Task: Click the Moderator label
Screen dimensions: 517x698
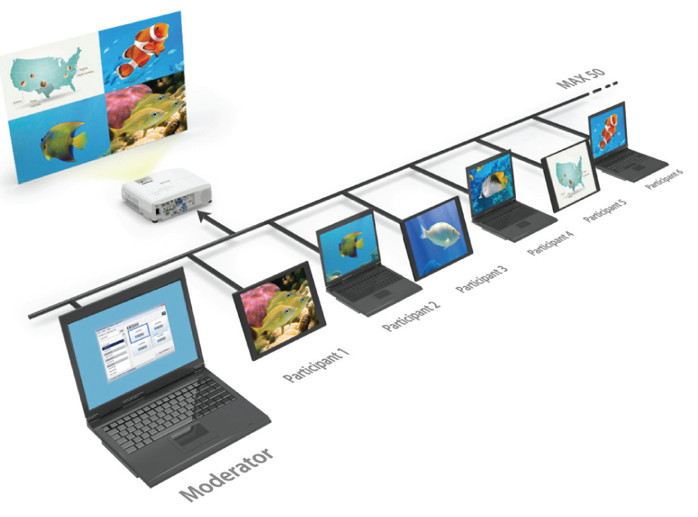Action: pyautogui.click(x=227, y=474)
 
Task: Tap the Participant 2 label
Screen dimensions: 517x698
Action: pyautogui.click(x=411, y=317)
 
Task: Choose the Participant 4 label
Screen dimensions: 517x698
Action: pyautogui.click(x=550, y=240)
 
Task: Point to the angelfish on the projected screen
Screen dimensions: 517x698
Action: pyautogui.click(x=64, y=140)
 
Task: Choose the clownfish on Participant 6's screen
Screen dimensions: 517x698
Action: pyautogui.click(x=608, y=130)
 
